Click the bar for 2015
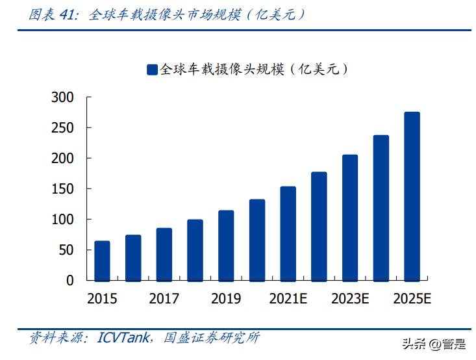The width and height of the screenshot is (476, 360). click(102, 261)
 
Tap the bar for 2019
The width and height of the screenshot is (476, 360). click(226, 245)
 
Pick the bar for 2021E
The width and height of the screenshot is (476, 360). click(288, 233)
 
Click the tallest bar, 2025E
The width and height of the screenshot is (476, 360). click(412, 196)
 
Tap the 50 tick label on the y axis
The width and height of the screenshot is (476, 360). click(68, 250)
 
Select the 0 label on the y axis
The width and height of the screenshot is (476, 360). click(71, 281)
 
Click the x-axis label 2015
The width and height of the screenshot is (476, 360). click(102, 300)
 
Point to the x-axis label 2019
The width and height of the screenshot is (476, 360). click(226, 300)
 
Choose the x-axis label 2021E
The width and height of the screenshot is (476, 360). click(288, 300)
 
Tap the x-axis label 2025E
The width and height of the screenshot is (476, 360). click(412, 300)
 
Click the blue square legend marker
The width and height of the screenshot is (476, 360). click(152, 70)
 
